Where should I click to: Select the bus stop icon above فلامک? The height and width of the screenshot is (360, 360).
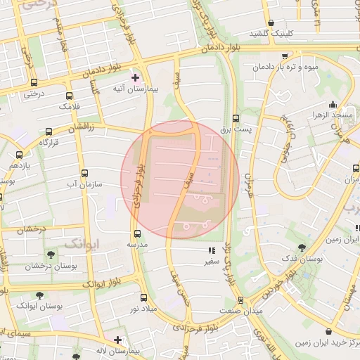69,96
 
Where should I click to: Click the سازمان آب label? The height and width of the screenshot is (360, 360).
84,184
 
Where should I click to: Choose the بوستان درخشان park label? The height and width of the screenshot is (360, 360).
49,266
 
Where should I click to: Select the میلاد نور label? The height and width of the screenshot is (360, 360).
143,309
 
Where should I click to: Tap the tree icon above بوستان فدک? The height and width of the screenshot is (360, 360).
301,247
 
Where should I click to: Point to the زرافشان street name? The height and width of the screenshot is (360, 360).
79,127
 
